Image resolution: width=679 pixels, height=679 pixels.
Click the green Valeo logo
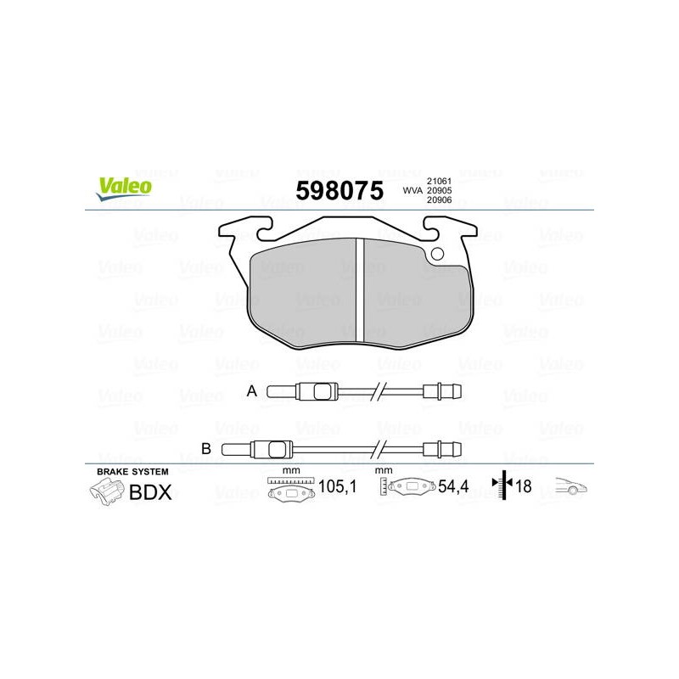tap(124, 189)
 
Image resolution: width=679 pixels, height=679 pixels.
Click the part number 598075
tap(339, 190)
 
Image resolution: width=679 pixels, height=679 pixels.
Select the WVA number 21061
tap(439, 181)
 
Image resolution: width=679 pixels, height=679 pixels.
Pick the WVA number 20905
tap(439, 190)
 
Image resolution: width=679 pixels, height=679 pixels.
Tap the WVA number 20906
tap(439, 200)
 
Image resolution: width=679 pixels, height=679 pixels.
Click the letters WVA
tap(412, 190)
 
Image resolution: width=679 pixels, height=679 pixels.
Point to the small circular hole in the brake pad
tap(437, 254)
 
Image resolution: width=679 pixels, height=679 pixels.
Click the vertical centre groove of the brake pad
tap(360, 289)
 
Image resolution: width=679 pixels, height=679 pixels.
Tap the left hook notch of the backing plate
tap(265, 228)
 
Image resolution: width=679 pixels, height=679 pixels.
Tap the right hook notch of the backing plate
tap(431, 228)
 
